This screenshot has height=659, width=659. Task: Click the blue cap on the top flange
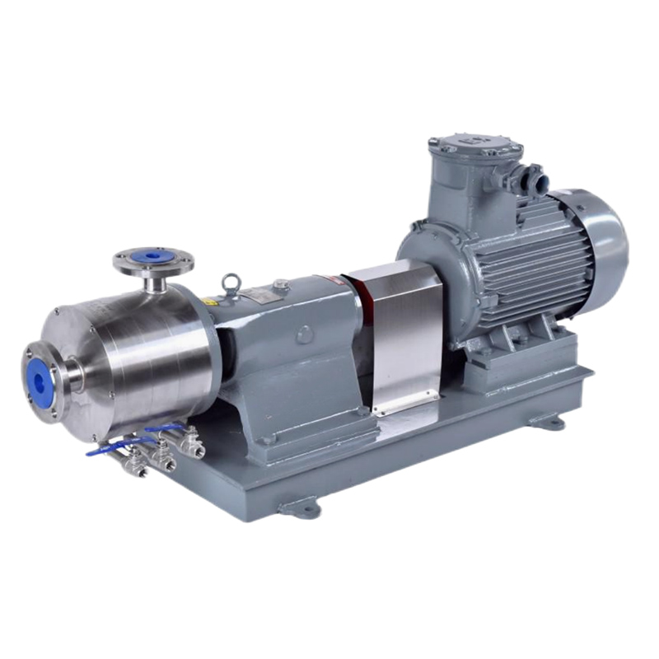click(x=153, y=256)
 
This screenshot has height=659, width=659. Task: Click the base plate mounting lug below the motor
click(x=548, y=422)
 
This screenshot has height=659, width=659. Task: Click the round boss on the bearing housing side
click(x=305, y=334)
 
